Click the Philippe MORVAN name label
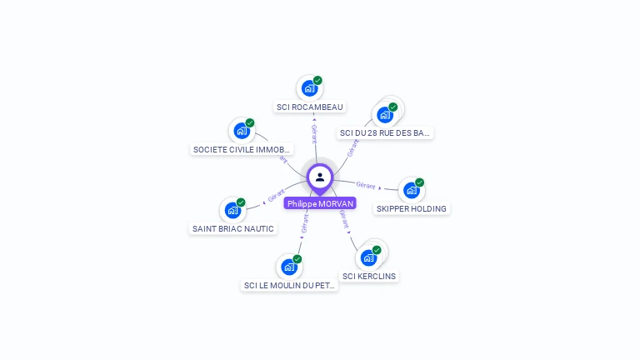click(x=320, y=203)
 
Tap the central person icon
click(x=320, y=177)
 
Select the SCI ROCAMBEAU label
click(x=310, y=107)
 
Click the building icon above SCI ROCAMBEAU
click(x=309, y=87)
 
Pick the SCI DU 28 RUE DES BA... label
click(x=385, y=132)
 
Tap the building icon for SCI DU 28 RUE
click(x=384, y=115)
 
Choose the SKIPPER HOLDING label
click(x=412, y=209)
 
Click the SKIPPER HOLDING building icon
click(x=411, y=190)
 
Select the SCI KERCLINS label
click(x=369, y=276)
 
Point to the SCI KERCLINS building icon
click(x=368, y=257)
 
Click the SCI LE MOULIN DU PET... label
click(x=290, y=285)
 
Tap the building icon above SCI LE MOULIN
click(x=288, y=267)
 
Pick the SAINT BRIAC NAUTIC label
click(x=233, y=228)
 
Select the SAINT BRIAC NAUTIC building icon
click(x=232, y=210)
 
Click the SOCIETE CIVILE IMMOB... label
click(x=242, y=150)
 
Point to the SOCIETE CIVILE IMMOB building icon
click(x=242, y=131)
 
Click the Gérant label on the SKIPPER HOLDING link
click(x=365, y=185)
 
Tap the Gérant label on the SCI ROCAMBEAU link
click(x=314, y=134)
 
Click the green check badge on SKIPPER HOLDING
click(x=420, y=182)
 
